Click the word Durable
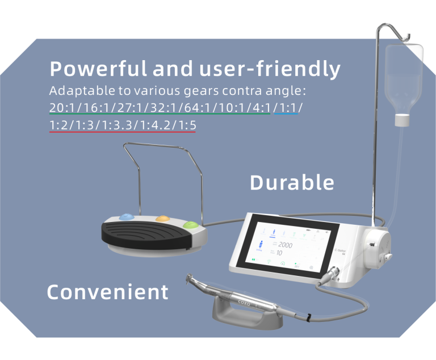click(x=292, y=183)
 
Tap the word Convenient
click(x=108, y=292)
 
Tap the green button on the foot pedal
click(x=192, y=225)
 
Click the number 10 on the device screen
click(x=279, y=253)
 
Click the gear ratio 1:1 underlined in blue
click(x=287, y=108)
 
